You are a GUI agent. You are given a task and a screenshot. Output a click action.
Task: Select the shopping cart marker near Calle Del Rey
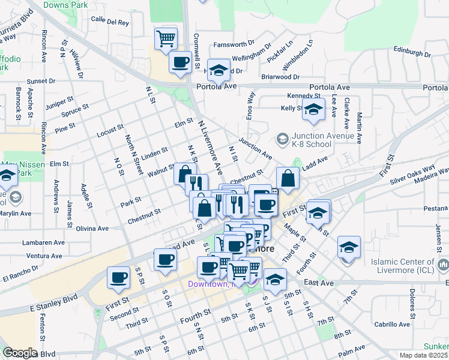click(166, 39)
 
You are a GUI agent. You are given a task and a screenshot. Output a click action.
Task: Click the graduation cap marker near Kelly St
click(312, 110)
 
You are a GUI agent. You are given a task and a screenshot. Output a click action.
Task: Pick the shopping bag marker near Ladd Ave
click(288, 178)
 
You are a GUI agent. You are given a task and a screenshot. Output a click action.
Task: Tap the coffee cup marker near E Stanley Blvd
click(118, 278)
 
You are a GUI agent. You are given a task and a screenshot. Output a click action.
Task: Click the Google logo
click(19, 353)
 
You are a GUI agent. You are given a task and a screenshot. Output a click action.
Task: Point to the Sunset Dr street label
click(41, 81)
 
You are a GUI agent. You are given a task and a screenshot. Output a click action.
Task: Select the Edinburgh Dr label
click(414, 49)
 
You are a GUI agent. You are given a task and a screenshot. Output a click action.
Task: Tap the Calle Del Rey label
click(110, 22)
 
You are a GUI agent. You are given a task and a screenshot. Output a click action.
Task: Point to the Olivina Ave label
click(91, 229)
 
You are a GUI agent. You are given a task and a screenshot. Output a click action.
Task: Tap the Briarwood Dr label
click(280, 77)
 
